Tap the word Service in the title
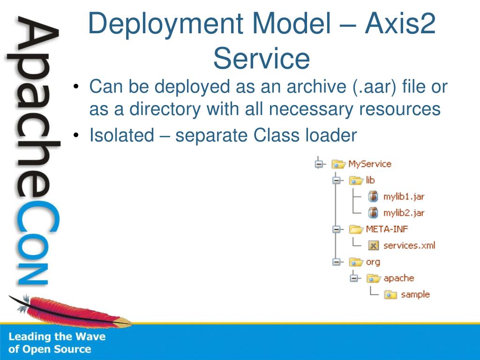(x=262, y=60)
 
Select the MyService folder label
(x=369, y=164)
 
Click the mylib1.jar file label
(x=404, y=197)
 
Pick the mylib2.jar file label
(x=404, y=213)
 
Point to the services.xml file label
(x=409, y=245)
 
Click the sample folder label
(x=415, y=294)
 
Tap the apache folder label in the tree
(x=398, y=278)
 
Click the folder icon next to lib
(x=356, y=180)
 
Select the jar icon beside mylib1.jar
(x=373, y=197)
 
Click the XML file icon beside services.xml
(x=373, y=245)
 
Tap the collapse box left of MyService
(x=319, y=164)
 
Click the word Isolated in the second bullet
(x=121, y=136)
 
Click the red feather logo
(x=70, y=312)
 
